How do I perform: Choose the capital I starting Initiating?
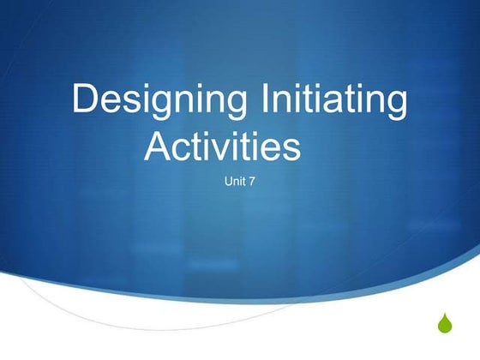[272, 100]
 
